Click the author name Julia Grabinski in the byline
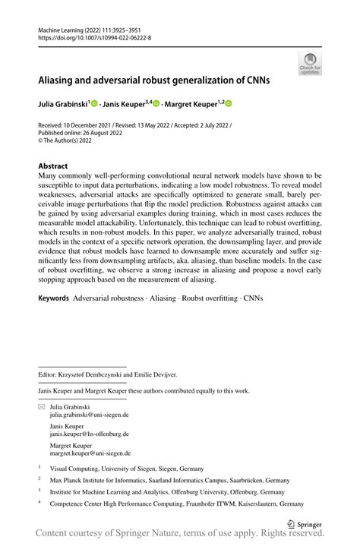(x=63, y=103)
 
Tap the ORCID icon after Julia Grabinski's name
(x=95, y=103)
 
